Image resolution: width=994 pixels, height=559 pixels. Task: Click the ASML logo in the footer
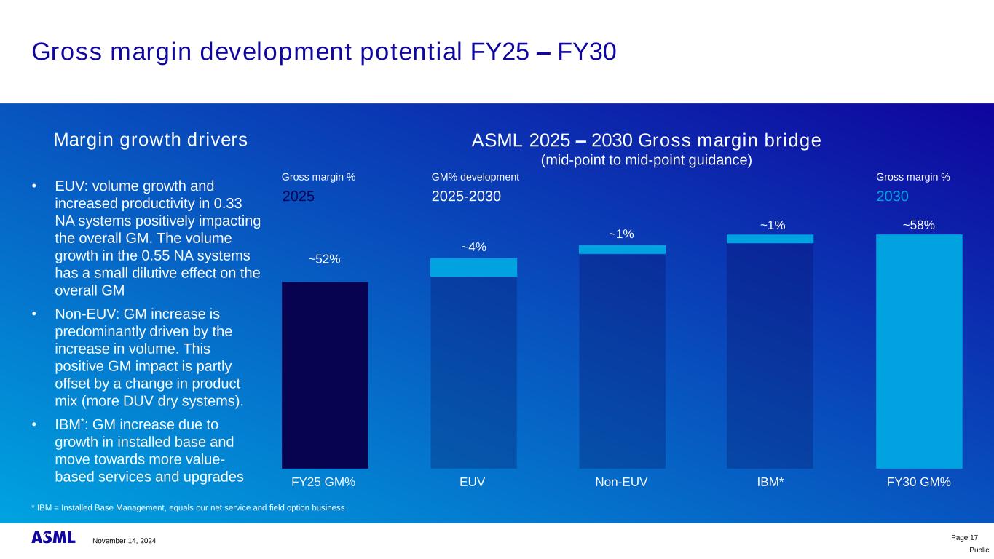pyautogui.click(x=53, y=538)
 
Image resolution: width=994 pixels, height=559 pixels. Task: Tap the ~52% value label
pyautogui.click(x=324, y=258)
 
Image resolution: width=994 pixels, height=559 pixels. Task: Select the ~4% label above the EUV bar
pyautogui.click(x=473, y=247)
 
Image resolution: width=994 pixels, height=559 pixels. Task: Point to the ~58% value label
pyautogui.click(x=918, y=226)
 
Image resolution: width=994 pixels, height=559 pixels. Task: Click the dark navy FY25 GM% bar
pyautogui.click(x=325, y=375)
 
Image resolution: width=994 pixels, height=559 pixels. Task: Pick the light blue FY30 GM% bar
pyautogui.click(x=919, y=351)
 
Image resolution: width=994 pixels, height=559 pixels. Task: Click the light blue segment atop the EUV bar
pyautogui.click(x=473, y=268)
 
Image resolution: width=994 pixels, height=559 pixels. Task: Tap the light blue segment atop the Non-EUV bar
pyautogui.click(x=622, y=250)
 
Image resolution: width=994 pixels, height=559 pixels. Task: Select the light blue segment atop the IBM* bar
pyautogui.click(x=770, y=239)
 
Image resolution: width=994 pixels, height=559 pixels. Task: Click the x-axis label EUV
pyautogui.click(x=473, y=482)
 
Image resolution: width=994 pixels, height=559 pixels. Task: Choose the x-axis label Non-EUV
pyautogui.click(x=621, y=482)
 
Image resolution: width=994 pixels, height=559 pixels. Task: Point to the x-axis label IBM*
pyautogui.click(x=770, y=482)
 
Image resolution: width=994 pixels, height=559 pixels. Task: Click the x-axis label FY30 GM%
pyautogui.click(x=918, y=482)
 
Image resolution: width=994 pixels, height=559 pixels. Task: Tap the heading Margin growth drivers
pyautogui.click(x=151, y=140)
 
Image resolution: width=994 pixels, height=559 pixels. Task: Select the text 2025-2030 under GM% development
pyautogui.click(x=466, y=196)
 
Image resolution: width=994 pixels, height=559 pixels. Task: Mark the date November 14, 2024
pyautogui.click(x=124, y=540)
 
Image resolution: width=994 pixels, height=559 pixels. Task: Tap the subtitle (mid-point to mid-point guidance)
pyautogui.click(x=646, y=159)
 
